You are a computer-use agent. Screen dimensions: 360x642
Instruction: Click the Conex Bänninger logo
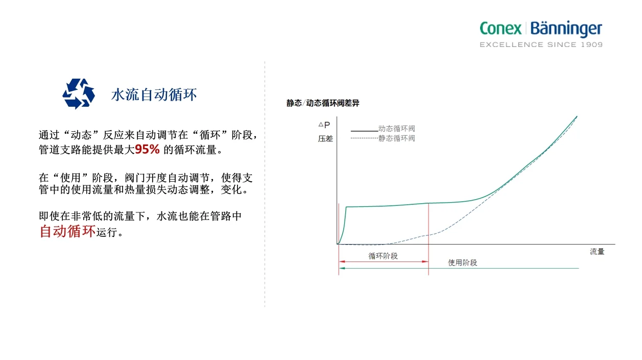coord(540,29)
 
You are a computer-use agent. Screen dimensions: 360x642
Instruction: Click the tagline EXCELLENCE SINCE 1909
coord(540,45)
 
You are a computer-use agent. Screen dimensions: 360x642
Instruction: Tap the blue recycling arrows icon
coord(79,94)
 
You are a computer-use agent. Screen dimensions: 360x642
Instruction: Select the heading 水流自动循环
coord(154,95)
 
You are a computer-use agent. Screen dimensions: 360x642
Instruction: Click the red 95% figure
coord(147,150)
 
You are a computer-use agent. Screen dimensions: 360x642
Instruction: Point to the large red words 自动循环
coord(67,231)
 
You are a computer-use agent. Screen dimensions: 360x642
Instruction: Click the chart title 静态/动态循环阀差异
coord(323,103)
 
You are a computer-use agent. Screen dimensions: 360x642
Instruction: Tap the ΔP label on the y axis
coord(324,125)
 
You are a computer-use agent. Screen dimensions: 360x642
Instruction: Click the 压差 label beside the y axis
coord(325,138)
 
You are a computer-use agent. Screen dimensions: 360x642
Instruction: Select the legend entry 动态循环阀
coord(396,129)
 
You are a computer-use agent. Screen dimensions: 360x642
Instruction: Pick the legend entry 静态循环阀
coord(396,138)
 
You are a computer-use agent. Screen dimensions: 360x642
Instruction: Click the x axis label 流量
coord(597,252)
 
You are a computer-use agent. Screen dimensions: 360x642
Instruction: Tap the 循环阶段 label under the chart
coord(383,256)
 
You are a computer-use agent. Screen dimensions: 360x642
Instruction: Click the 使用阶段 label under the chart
coord(462,262)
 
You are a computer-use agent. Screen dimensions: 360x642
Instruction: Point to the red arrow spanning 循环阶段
coord(383,262)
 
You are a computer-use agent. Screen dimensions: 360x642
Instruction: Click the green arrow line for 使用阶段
coord(511,268)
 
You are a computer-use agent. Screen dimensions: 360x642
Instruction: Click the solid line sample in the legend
coord(364,131)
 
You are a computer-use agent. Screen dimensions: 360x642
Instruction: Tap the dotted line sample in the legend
coord(364,138)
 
